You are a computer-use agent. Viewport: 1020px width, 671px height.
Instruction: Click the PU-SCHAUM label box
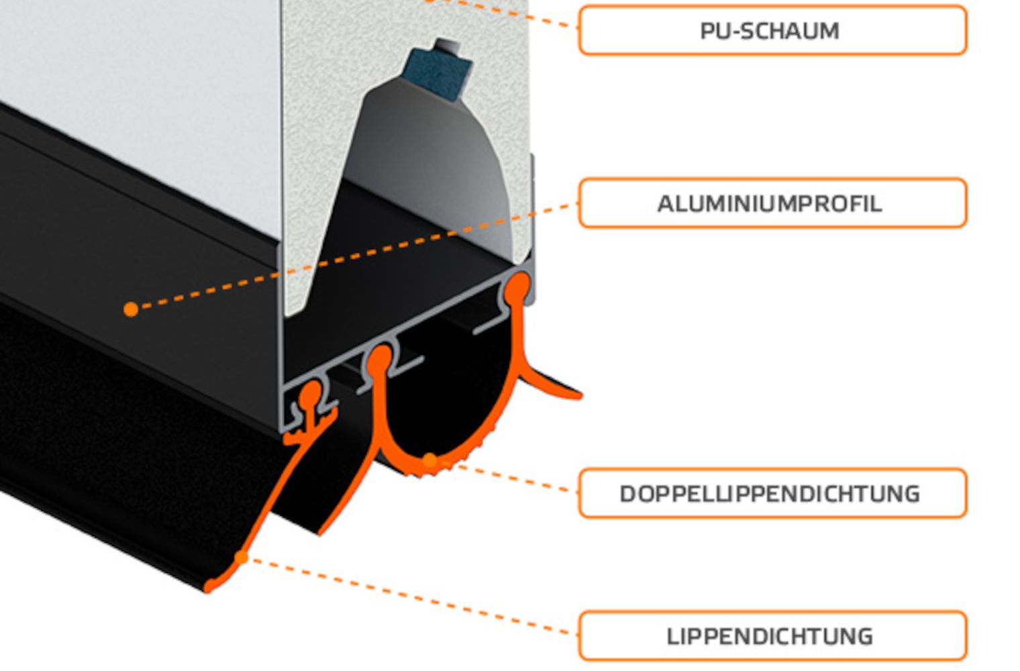pyautogui.click(x=772, y=30)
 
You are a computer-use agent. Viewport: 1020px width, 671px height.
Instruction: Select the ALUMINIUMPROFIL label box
pyautogui.click(x=772, y=203)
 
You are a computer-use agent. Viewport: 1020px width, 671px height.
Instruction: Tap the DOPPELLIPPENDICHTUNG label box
pyautogui.click(x=772, y=493)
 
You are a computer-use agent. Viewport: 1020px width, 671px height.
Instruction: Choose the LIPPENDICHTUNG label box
pyautogui.click(x=772, y=635)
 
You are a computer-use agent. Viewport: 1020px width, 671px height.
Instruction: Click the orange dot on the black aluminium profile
pyautogui.click(x=132, y=309)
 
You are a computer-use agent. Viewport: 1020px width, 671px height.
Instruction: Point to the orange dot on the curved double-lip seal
pyautogui.click(x=429, y=460)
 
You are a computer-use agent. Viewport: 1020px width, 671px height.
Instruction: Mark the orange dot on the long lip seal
pyautogui.click(x=241, y=557)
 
